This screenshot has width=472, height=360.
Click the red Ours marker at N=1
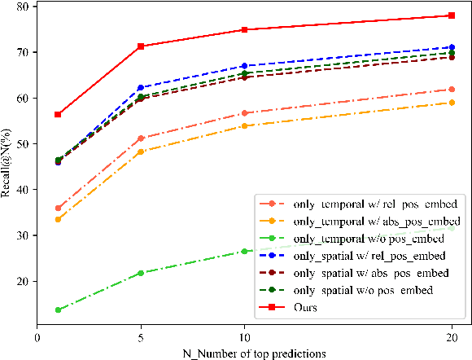(58, 114)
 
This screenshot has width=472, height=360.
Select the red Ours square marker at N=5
(141, 46)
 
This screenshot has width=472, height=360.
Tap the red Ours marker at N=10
(244, 29)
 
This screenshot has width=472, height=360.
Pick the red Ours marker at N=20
(452, 15)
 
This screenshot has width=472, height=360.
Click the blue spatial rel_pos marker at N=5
(141, 87)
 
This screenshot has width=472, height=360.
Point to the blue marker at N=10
(244, 65)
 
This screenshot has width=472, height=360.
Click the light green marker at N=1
(58, 310)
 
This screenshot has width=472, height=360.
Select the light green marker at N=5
(141, 273)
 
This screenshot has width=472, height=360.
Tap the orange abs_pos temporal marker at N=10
(244, 125)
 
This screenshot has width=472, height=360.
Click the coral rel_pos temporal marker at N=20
(452, 89)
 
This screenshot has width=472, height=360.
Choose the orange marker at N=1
(58, 219)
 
